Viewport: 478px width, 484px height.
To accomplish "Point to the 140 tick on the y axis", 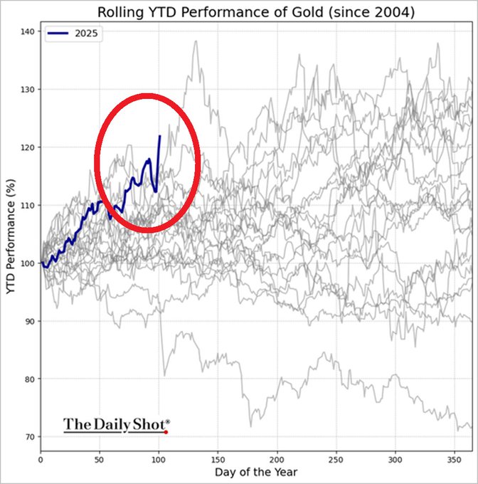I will [27, 32].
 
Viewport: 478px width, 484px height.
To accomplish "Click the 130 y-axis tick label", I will [27, 90].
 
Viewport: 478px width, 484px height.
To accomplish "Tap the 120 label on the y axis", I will [27, 147].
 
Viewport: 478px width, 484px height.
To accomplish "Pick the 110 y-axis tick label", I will [27, 206].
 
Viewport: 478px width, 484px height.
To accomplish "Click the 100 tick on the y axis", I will [27, 263].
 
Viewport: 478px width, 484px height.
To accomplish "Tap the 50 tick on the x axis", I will [100, 460].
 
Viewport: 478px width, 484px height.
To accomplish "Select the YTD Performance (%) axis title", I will [9, 242].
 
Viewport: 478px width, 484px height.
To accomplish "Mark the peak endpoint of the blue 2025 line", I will [160, 135].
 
